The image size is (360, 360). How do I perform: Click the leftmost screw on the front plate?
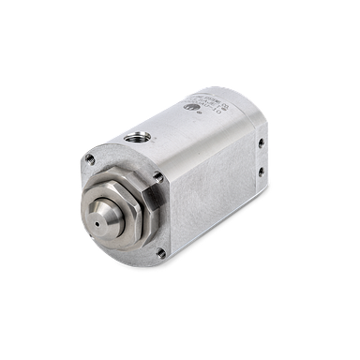(90, 160)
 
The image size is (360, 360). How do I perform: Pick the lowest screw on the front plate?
(161, 252)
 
